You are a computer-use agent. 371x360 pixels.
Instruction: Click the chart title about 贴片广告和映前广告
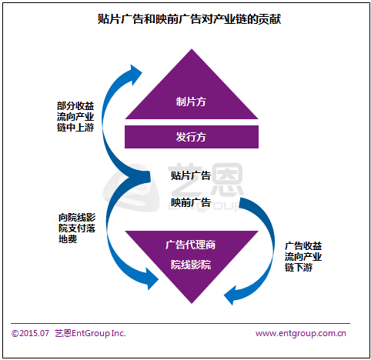point(189,19)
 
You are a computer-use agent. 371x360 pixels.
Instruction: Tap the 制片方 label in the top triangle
point(191,102)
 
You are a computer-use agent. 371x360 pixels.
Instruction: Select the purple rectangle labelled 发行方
point(192,137)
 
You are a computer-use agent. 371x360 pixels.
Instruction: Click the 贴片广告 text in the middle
point(191,175)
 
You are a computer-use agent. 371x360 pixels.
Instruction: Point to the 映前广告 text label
point(191,202)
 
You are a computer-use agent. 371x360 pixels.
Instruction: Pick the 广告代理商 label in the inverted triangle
point(190,245)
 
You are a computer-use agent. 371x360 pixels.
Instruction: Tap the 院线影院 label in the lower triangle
point(191,265)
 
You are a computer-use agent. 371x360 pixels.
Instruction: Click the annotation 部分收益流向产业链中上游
point(75,117)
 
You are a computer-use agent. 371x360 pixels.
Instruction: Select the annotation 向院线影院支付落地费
point(77,228)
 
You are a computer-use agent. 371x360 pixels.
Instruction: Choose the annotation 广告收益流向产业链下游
point(303,257)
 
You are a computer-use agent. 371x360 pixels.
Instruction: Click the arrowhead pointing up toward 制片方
point(135,74)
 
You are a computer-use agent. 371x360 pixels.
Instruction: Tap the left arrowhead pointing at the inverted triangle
point(152,278)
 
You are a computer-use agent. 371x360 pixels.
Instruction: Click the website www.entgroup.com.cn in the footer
point(301,333)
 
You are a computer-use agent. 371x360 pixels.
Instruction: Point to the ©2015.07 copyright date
point(30,333)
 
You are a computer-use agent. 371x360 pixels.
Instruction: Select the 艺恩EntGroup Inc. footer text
point(90,333)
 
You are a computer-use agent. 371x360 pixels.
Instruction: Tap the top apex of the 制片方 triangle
point(192,49)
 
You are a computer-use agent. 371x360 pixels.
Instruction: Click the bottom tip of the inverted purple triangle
point(192,303)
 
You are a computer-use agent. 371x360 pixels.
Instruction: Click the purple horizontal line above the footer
point(180,324)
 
